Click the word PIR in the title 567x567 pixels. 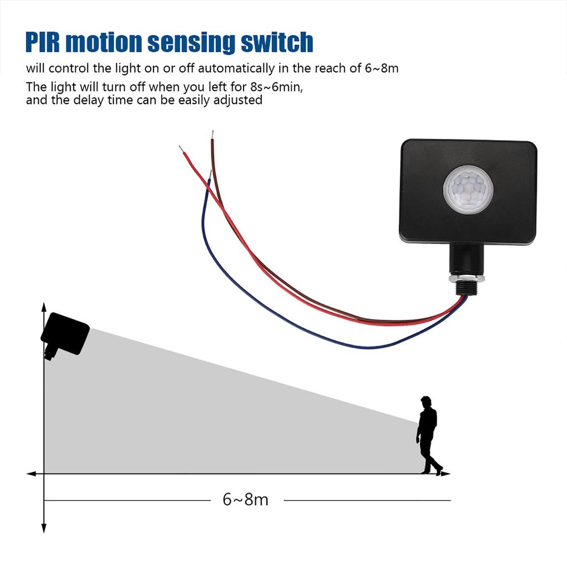pos(45,42)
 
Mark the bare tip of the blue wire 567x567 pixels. pos(210,173)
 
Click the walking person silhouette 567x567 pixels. pos(427,435)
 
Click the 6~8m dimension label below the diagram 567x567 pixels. pos(245,499)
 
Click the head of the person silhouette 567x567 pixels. pos(425,401)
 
